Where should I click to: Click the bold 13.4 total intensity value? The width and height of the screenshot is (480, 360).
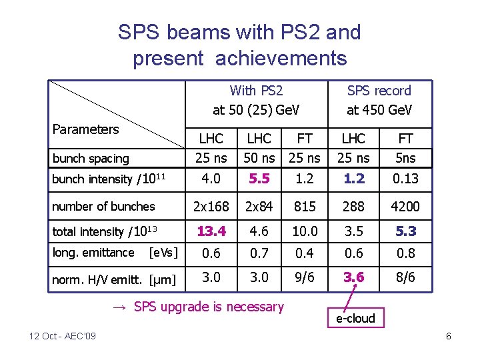click(211, 231)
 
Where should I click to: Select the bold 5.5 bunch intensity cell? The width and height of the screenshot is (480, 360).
click(259, 179)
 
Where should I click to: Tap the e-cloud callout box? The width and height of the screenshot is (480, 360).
click(355, 318)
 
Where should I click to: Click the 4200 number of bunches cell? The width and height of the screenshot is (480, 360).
click(405, 207)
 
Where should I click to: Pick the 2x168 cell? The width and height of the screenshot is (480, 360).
click(211, 207)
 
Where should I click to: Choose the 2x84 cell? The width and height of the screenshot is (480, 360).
click(259, 207)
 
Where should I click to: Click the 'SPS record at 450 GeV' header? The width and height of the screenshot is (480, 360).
click(379, 100)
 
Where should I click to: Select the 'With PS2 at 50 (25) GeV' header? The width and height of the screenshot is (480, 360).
click(256, 100)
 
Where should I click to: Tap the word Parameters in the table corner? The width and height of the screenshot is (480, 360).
click(85, 129)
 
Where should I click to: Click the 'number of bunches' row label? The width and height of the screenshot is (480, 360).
click(103, 207)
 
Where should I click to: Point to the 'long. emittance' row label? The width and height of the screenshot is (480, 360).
click(93, 253)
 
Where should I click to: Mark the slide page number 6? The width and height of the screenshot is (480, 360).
click(449, 336)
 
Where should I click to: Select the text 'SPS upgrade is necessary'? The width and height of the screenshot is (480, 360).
click(208, 307)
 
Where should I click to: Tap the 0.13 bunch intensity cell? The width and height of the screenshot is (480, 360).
click(405, 179)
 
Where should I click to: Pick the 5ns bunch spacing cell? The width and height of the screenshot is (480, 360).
click(405, 159)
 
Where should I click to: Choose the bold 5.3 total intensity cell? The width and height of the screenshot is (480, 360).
click(405, 231)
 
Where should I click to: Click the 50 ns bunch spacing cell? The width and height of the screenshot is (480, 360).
click(259, 159)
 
